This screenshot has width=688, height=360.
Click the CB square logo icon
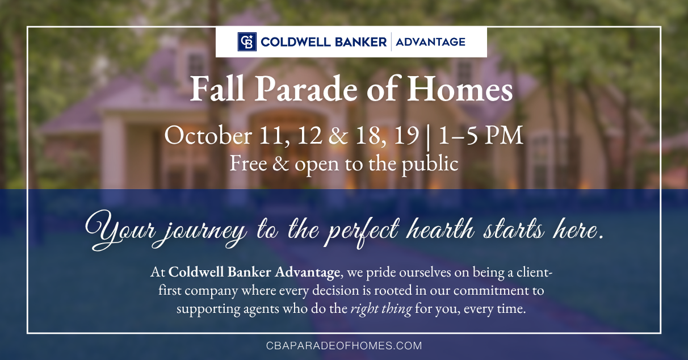tap(246, 41)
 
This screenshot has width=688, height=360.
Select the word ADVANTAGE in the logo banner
tap(430, 41)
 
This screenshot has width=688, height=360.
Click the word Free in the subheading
tap(248, 164)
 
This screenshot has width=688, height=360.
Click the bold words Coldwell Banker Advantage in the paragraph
tap(254, 273)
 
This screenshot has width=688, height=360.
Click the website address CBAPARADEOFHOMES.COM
tap(344, 345)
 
